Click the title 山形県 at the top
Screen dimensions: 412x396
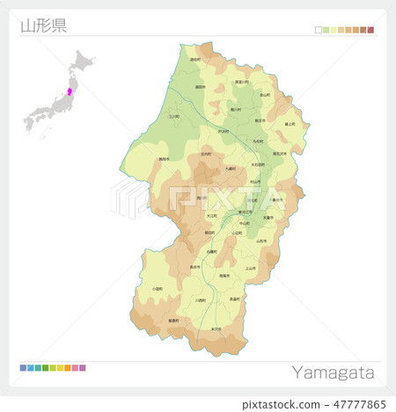[43, 25]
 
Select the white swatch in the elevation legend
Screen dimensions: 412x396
[319, 30]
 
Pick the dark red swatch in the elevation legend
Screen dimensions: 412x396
[370, 30]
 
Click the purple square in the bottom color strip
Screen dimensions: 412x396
[83, 367]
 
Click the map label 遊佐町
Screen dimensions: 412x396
[194, 61]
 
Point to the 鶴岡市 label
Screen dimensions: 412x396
[164, 159]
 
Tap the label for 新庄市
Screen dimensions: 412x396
[260, 120]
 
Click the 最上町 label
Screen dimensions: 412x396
[290, 125]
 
